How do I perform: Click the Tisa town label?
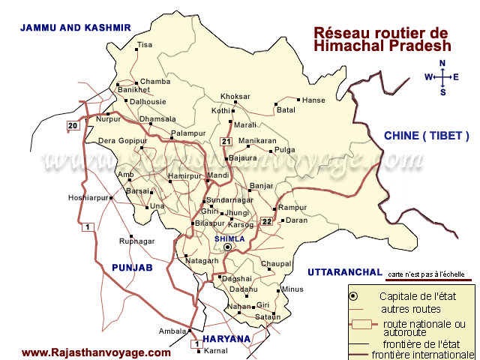(145, 45)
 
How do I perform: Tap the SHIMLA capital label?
(229, 238)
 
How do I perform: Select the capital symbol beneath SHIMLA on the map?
(228, 247)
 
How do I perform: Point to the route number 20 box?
(73, 125)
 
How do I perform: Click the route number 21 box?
(226, 142)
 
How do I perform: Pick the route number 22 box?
(267, 221)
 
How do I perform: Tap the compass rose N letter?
(442, 64)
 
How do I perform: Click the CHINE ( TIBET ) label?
(426, 136)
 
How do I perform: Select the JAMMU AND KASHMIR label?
(76, 27)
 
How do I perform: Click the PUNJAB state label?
(132, 268)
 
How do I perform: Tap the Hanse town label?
(312, 100)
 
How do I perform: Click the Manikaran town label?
(257, 141)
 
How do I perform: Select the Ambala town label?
(172, 331)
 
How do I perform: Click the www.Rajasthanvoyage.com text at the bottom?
(96, 352)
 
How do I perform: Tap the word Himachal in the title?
(345, 46)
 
